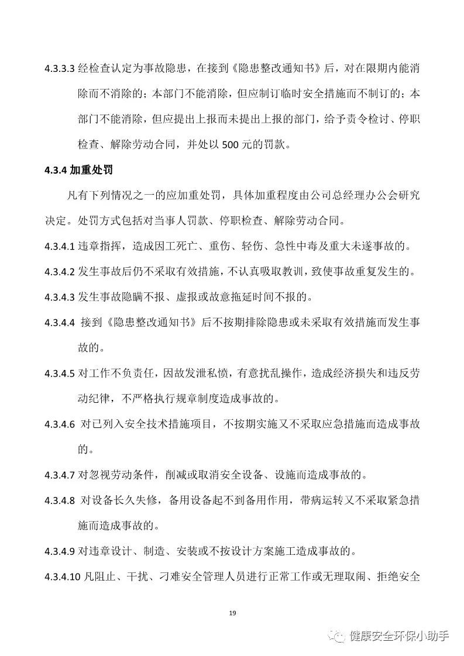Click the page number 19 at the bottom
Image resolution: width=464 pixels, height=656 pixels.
point(232,613)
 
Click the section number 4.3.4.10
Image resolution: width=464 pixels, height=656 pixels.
point(61,576)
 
